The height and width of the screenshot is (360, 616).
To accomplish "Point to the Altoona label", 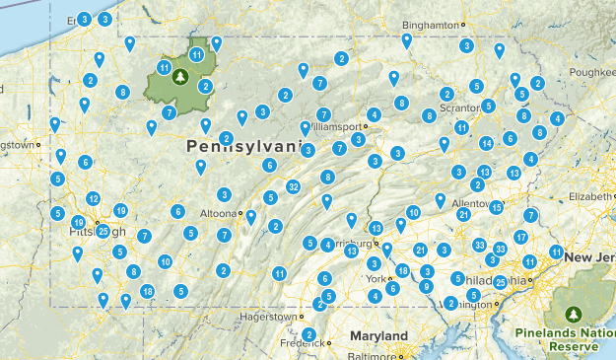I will [217, 213].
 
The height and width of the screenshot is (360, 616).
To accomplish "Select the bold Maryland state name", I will [378, 336].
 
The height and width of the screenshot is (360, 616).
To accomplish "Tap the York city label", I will [374, 279].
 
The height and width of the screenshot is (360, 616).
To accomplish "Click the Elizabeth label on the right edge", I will [592, 196].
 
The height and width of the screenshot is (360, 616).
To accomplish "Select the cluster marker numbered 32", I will [293, 187].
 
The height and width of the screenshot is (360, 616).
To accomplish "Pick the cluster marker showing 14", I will [486, 143].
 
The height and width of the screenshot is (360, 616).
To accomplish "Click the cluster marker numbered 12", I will [94, 199].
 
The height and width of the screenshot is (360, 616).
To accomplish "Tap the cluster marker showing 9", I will [426, 287].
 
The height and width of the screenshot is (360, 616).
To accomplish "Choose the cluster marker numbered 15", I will [497, 207].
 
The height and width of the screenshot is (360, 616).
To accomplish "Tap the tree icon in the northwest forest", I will [179, 75].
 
